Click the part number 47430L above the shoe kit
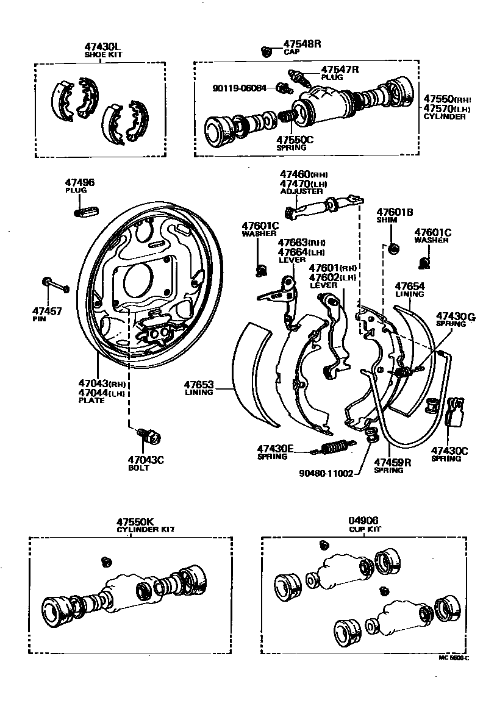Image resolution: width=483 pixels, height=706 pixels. point(102,47)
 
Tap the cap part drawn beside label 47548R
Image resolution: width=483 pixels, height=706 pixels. point(266,51)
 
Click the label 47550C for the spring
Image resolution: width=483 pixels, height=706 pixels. point(295,140)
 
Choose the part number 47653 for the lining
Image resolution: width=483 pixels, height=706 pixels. point(198,384)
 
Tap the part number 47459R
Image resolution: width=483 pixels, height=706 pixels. point(392,462)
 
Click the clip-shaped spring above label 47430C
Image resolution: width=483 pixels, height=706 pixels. point(456,412)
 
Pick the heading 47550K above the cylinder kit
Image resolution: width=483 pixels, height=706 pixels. point(137,522)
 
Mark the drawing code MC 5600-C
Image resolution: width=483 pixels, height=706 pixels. point(454,658)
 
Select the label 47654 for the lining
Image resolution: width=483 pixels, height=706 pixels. point(409,286)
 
